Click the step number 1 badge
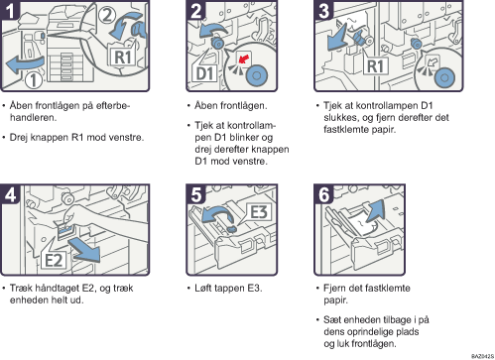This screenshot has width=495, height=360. point(10,10)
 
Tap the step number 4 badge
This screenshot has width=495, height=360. point(10,194)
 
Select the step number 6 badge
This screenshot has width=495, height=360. point(323,194)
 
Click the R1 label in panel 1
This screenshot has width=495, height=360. point(123,58)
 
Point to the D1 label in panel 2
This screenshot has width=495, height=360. point(204,73)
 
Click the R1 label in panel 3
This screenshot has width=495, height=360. point(375,66)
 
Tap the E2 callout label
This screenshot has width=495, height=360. point(54,260)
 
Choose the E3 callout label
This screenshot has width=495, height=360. point(259,212)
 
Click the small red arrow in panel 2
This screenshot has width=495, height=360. point(244,60)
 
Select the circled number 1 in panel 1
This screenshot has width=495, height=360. point(34,80)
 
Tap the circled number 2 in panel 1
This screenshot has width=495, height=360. point(106,15)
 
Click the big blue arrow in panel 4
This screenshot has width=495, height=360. point(84,249)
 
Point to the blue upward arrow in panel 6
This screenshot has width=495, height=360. point(373,210)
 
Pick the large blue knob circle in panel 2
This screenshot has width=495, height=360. point(257,75)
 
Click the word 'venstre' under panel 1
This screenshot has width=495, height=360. point(126,138)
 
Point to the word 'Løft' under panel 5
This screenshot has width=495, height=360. point(202,288)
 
